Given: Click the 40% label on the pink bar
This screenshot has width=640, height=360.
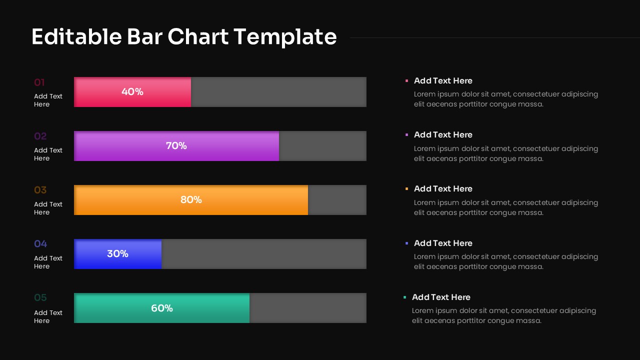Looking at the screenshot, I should pos(132,92).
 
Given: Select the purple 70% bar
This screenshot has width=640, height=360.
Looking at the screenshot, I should pos(176,146).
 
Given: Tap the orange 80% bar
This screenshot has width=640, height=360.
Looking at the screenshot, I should pos(191,200).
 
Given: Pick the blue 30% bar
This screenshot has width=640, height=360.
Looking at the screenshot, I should pos(118,254).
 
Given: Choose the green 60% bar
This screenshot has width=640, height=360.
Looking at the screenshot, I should pos(162,308).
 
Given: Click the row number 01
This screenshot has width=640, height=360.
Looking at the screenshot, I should pos(39,82).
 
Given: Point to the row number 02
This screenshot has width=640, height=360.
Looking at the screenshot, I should pos(40,136).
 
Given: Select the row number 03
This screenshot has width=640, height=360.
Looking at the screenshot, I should pos(40,190).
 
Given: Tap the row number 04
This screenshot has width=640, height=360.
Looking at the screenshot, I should pos(40,244).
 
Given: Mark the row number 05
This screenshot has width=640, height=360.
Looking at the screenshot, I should pos(40,298).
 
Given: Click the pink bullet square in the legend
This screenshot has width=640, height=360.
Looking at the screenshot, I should pos(406,80).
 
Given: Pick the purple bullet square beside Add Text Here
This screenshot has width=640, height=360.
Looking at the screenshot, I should pos(406,134).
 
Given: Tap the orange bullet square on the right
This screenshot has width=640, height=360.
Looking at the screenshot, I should pos(406,188).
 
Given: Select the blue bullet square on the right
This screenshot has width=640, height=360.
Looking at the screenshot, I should pos(406,243).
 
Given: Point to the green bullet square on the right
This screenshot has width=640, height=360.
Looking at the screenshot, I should pos(404,297).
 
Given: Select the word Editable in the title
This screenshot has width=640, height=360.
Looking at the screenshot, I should pos(76,37).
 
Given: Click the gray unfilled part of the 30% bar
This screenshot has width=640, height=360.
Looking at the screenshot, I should pos(264,254).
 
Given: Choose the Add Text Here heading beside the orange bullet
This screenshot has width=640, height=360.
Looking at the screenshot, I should pos(443,189).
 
